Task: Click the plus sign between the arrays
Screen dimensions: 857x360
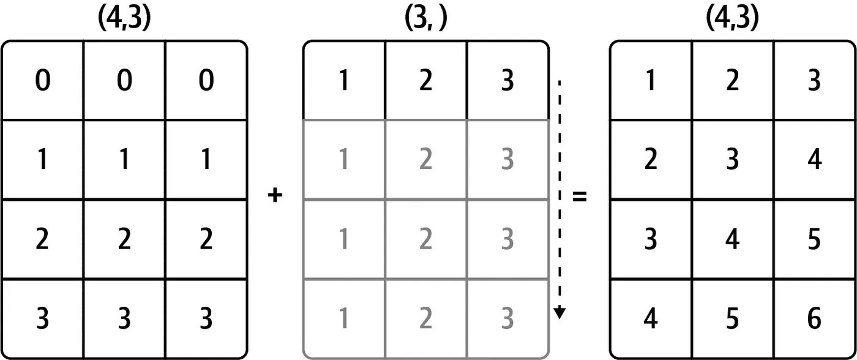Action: [x=275, y=197]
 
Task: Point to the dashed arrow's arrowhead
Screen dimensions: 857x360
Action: [x=559, y=313]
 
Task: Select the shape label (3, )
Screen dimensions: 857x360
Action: [x=425, y=20]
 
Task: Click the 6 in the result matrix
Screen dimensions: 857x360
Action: [x=814, y=318]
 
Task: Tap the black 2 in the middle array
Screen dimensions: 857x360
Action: [x=425, y=81]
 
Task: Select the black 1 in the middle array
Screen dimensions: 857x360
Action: [x=344, y=81]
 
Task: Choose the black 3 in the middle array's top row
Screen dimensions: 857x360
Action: [x=507, y=81]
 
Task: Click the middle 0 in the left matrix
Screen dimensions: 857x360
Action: [x=124, y=81]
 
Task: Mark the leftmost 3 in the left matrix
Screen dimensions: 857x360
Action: [x=42, y=318]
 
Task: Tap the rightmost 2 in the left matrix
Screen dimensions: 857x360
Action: [x=206, y=239]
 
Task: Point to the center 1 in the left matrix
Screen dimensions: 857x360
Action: [x=124, y=160]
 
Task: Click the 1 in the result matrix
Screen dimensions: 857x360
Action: [x=651, y=81]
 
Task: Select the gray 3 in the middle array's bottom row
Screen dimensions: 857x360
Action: [x=507, y=318]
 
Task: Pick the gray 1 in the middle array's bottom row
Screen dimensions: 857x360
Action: [x=344, y=318]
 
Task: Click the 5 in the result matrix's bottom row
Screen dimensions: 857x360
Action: [x=732, y=318]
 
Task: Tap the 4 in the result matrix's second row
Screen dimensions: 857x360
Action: [x=814, y=160]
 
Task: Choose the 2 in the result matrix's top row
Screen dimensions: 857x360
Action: [x=732, y=81]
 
